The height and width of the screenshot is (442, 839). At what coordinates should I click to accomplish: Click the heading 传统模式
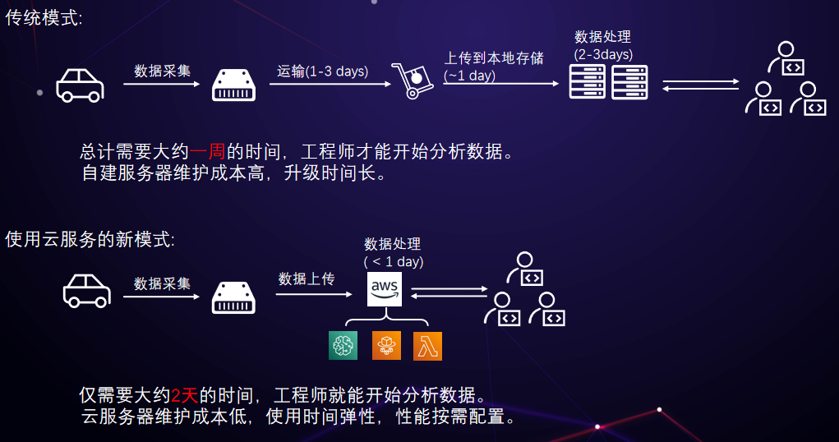click(44, 18)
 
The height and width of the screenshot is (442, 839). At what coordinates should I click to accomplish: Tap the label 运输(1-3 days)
click(322, 71)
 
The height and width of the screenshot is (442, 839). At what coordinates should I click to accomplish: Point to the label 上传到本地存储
click(494, 59)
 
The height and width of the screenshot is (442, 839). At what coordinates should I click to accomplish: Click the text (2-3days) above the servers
click(603, 54)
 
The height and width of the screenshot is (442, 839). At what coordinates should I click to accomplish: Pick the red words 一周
click(208, 152)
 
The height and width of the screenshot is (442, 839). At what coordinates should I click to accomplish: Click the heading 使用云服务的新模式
click(90, 240)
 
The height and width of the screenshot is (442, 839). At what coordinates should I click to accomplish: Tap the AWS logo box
click(385, 290)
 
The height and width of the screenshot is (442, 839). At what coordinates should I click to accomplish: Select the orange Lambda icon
click(427, 346)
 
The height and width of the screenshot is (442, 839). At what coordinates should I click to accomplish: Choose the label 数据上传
click(307, 279)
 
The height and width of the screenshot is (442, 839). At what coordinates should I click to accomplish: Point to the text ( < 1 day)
click(394, 262)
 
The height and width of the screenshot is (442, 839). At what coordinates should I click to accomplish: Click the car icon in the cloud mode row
click(86, 291)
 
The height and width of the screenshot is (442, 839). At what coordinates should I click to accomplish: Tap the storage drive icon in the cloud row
click(234, 296)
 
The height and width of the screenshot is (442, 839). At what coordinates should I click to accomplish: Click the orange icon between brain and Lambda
click(385, 346)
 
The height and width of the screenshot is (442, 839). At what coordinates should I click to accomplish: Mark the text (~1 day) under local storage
click(470, 76)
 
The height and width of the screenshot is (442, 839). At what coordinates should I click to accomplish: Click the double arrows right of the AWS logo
click(449, 292)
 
